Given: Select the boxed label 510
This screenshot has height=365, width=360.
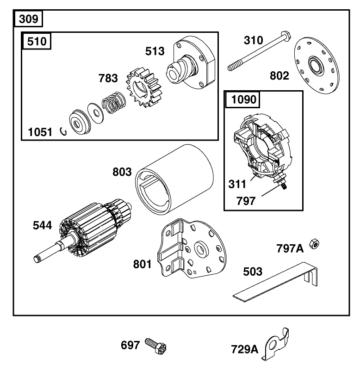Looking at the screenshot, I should tap(37, 42).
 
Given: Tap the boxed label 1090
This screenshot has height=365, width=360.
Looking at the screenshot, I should tap(242, 100).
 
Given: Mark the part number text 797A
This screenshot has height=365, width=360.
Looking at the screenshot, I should tap(290, 249).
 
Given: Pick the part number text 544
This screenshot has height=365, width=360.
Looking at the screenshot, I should tap(42, 226).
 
